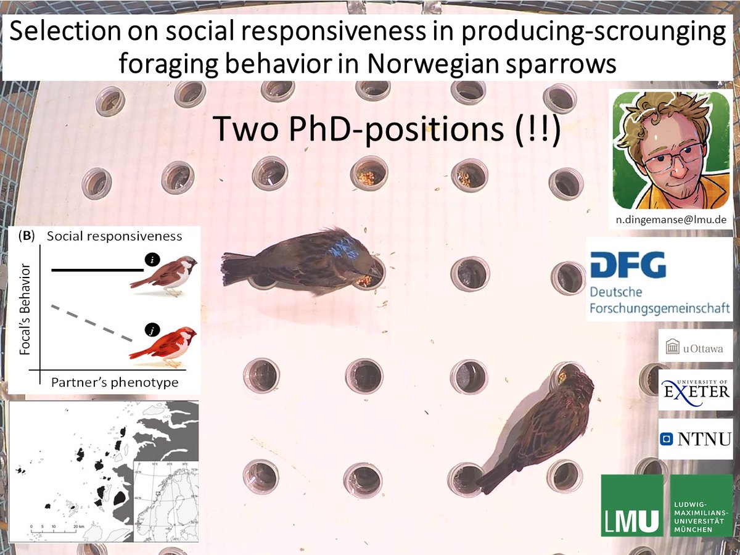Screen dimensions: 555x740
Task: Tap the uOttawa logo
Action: pos(695,349)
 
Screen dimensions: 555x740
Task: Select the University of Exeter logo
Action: pos(695,389)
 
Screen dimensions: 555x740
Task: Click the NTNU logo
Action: pos(695,438)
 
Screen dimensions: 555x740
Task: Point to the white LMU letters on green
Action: pos(631,517)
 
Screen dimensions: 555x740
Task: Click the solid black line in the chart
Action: pos(96,269)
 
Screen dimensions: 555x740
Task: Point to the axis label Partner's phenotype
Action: pos(115,382)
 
